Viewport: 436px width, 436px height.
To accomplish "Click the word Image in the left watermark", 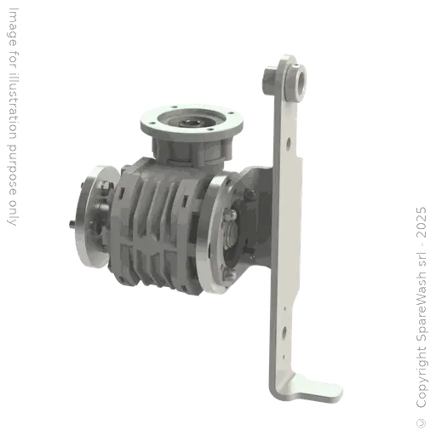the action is tap(13, 27).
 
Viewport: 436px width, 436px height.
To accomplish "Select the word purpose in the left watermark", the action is tap(12, 170).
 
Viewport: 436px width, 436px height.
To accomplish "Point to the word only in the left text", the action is tap(12, 214).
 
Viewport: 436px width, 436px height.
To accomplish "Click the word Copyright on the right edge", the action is tap(422, 377).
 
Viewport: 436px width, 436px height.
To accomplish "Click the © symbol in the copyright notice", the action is tap(422, 423).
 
